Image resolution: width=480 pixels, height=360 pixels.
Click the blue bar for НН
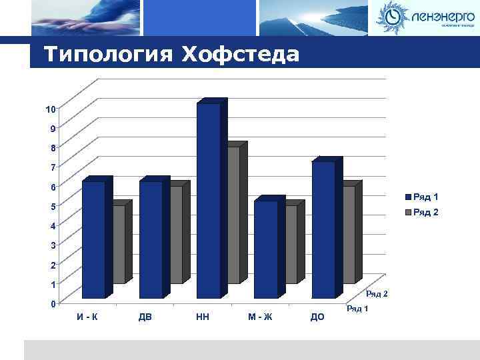(x=208, y=200)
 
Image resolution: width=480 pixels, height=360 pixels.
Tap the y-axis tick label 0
(x=53, y=304)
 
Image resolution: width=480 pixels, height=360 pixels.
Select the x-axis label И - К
(x=87, y=317)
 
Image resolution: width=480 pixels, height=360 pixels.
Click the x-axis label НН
(x=203, y=317)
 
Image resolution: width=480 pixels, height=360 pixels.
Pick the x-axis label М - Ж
(x=260, y=317)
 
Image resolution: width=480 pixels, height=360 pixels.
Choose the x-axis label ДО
(x=317, y=317)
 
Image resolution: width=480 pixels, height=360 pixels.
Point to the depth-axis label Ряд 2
(x=377, y=294)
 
